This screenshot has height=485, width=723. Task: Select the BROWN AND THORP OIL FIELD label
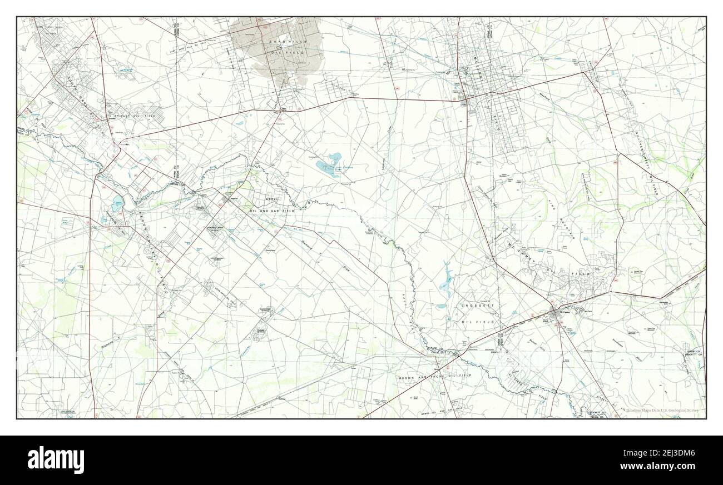(x=434, y=377)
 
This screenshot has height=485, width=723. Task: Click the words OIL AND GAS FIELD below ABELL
(x=273, y=211)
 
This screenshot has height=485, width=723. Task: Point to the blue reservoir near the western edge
(x=117, y=204)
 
